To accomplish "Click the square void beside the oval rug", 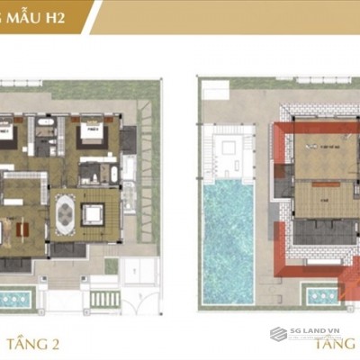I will click(x=93, y=214).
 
